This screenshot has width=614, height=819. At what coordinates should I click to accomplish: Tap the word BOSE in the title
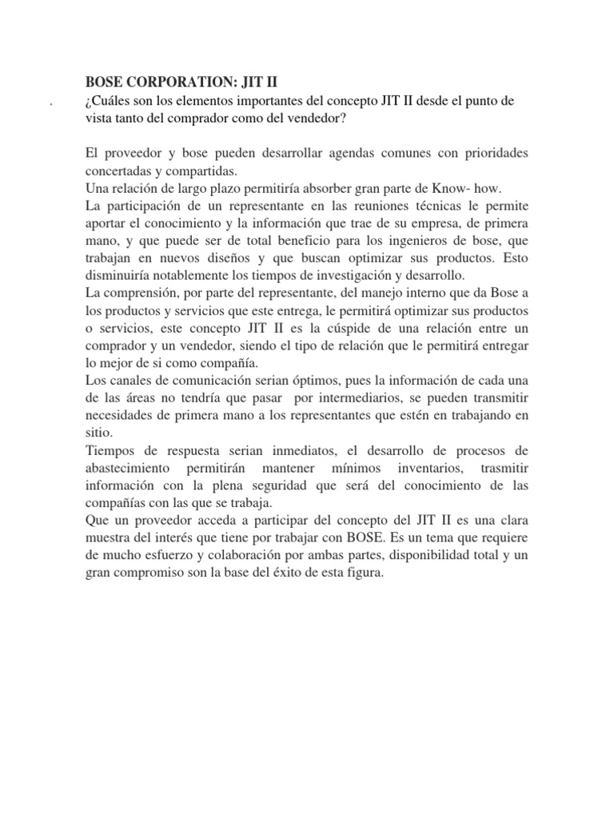(103, 82)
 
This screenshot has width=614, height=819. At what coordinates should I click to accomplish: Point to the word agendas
(346, 152)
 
